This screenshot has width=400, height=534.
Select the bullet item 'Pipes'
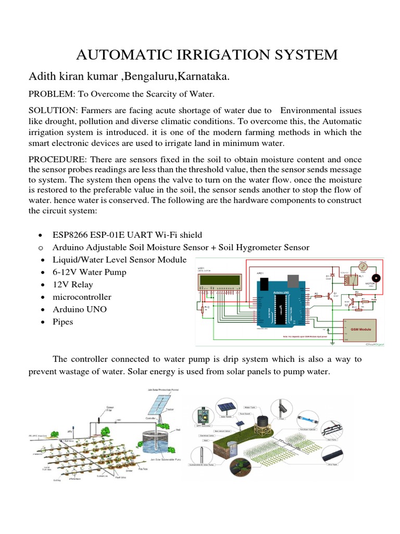click(63, 322)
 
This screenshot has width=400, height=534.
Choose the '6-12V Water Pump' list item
click(90, 272)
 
